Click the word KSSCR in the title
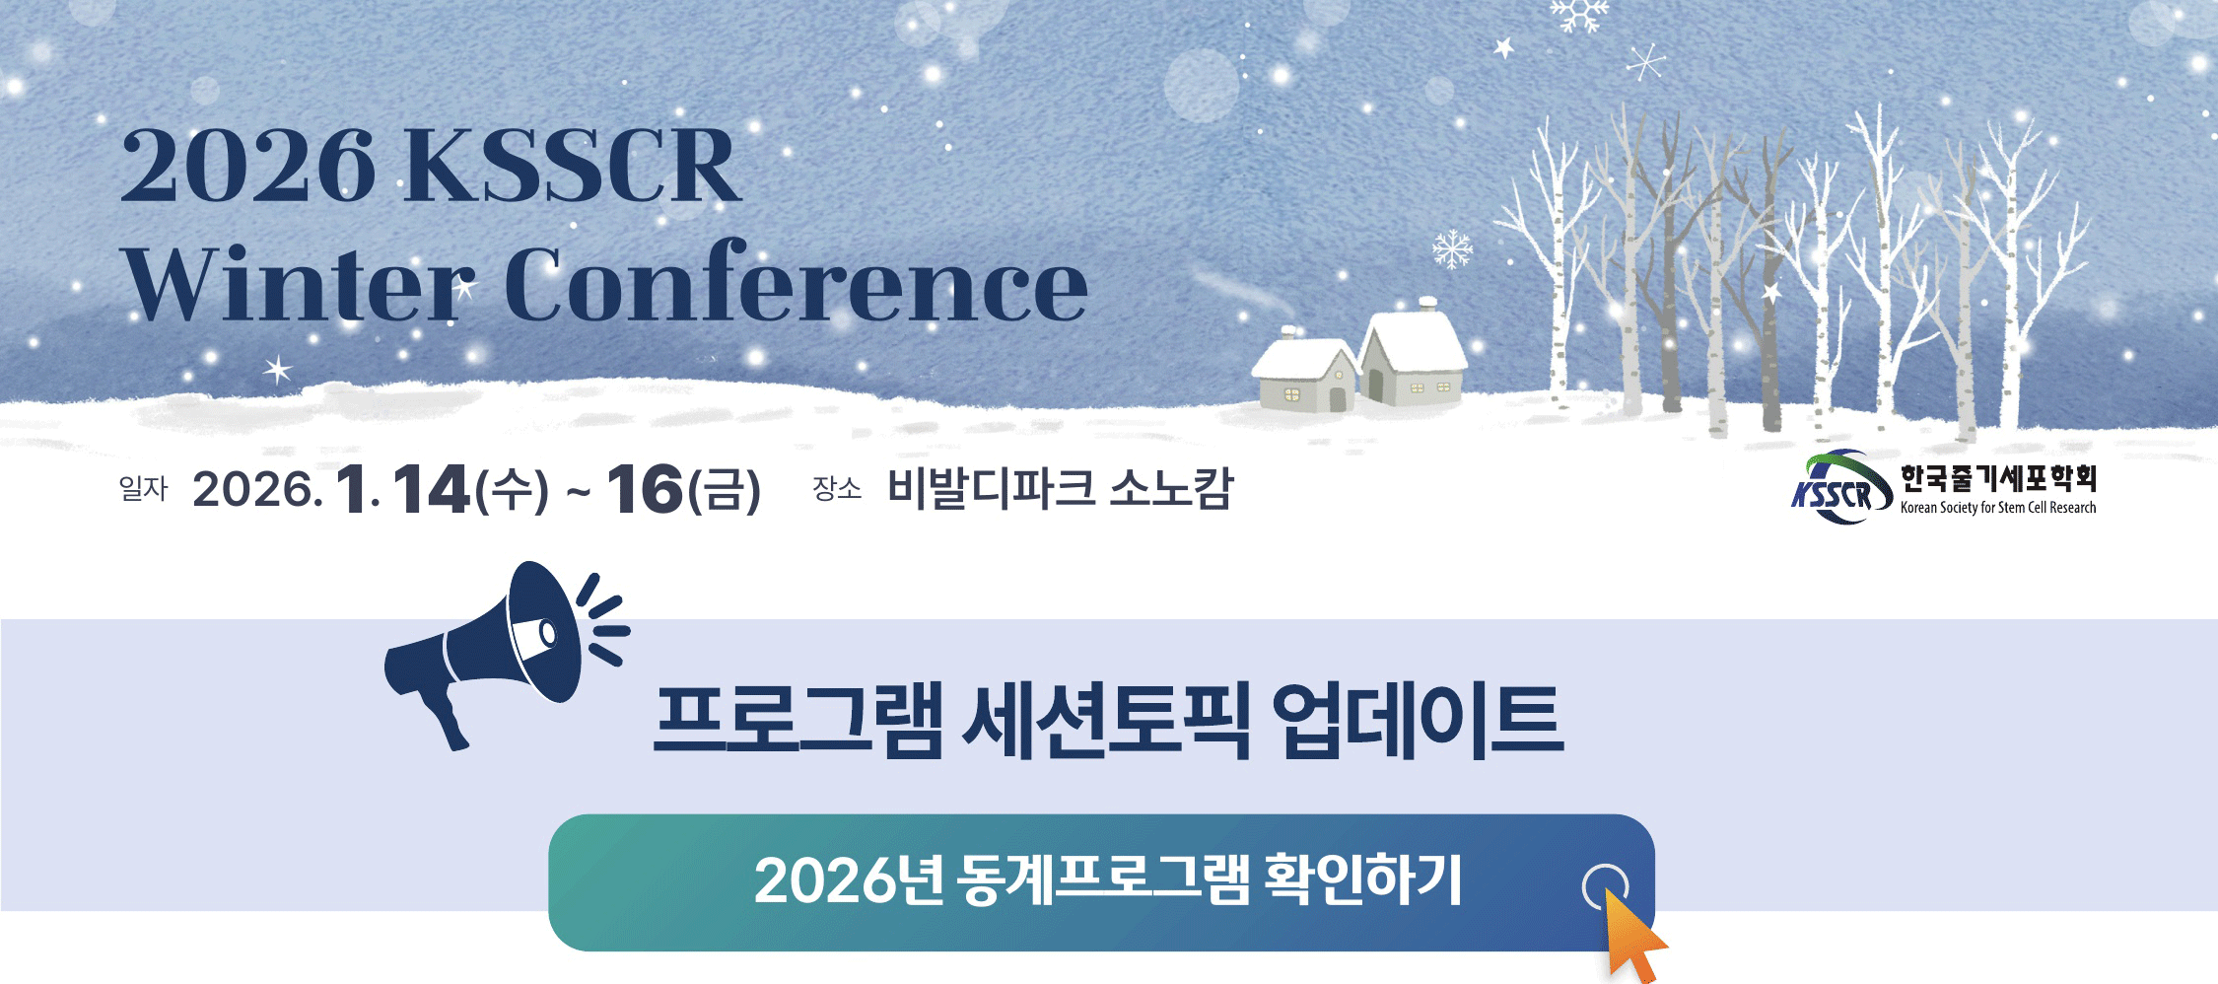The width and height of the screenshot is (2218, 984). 573,165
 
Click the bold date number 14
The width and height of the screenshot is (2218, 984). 431,490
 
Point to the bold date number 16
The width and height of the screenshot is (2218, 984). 646,490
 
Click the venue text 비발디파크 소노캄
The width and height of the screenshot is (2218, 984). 1060,488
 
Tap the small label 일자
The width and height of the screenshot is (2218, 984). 144,488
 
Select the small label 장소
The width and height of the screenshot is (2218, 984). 837,488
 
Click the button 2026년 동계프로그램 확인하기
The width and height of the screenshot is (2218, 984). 1101,882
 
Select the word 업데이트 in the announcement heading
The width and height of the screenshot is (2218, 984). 1417,721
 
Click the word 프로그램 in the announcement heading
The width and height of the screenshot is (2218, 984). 797,721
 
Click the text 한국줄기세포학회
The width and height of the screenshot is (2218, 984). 1998,479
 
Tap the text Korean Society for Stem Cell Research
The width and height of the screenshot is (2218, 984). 1998,508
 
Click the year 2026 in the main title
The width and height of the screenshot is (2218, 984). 247,165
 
